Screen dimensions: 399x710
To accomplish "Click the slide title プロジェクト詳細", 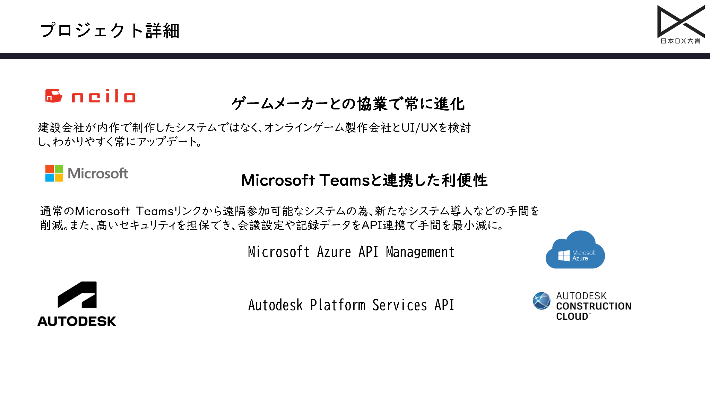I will (x=110, y=30).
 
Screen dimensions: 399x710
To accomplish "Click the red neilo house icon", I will (x=53, y=96).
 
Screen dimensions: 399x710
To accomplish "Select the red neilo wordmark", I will (x=103, y=96).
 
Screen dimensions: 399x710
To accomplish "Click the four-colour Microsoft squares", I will (x=54, y=173).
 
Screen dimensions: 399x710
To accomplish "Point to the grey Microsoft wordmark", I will (x=98, y=174).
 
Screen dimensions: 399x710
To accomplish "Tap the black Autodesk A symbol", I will (x=77, y=295).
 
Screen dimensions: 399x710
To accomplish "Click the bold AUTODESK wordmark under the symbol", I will (x=77, y=321).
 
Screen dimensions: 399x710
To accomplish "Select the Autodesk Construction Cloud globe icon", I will (x=542, y=301).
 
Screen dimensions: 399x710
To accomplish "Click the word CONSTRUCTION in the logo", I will (x=594, y=306).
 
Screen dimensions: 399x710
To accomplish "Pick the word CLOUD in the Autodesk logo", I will (x=572, y=317).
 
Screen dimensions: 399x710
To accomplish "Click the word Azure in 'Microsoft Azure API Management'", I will (x=334, y=252).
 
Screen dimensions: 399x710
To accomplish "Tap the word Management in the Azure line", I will (x=420, y=252).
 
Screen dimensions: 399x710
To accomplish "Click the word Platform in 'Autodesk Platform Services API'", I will (x=338, y=305).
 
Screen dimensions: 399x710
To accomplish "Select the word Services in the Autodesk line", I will (x=400, y=305).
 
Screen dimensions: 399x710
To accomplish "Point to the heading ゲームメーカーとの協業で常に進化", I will (x=348, y=104).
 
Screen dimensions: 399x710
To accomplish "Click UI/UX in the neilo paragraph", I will (x=419, y=128).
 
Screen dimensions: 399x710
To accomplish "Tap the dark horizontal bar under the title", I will (x=355, y=56).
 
